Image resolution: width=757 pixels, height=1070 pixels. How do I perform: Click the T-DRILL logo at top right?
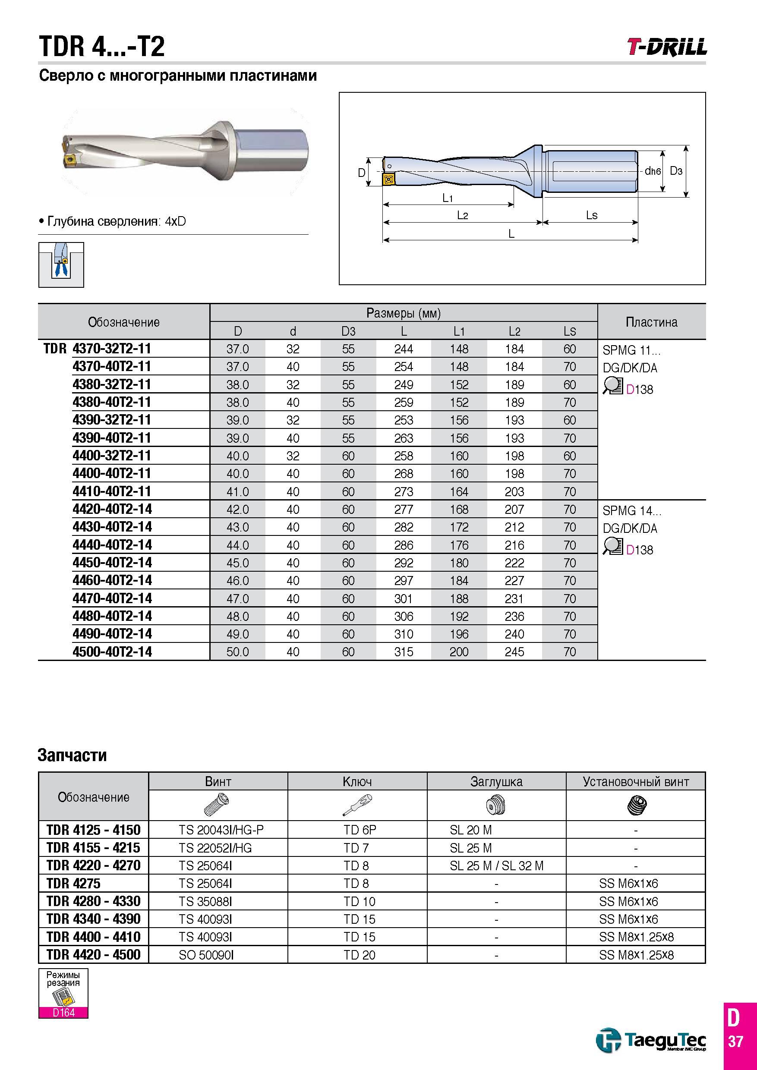[666, 47]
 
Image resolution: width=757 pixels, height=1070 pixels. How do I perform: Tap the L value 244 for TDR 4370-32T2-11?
[404, 349]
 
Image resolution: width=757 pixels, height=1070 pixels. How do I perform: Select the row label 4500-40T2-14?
[112, 651]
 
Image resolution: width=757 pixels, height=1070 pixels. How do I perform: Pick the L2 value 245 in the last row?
[514, 652]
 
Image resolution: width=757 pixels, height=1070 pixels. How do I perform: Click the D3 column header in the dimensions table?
[348, 331]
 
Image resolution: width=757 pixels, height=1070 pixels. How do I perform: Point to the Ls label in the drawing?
[592, 215]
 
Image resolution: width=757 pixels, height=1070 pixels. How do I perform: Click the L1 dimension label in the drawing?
[448, 198]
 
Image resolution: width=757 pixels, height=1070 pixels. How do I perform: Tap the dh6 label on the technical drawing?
[653, 171]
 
